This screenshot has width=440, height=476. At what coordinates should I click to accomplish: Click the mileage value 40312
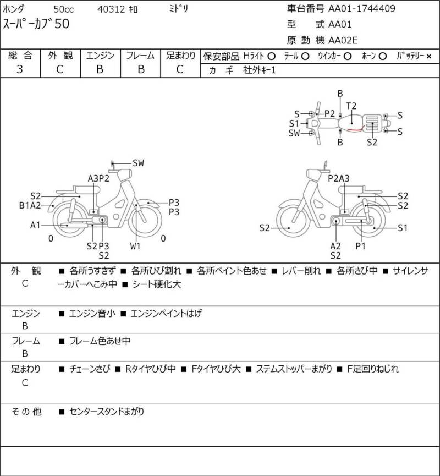tap(110, 9)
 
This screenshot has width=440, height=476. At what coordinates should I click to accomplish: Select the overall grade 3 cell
tap(20, 69)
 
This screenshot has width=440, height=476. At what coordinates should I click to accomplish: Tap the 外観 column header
tap(59, 56)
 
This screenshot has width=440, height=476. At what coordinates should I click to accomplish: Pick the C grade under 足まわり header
tap(180, 69)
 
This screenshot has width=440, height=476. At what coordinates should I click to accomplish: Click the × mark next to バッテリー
tap(428, 56)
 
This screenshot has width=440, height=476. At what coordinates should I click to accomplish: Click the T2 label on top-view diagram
tap(351, 106)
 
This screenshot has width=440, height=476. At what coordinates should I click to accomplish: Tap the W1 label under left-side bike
tap(135, 246)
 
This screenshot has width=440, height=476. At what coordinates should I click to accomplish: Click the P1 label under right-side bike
tap(360, 246)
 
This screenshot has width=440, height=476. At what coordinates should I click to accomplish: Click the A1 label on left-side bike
tap(35, 225)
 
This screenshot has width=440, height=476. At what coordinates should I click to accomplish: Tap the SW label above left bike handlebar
tap(138, 163)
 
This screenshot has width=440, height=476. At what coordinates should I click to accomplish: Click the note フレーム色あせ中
tap(100, 341)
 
